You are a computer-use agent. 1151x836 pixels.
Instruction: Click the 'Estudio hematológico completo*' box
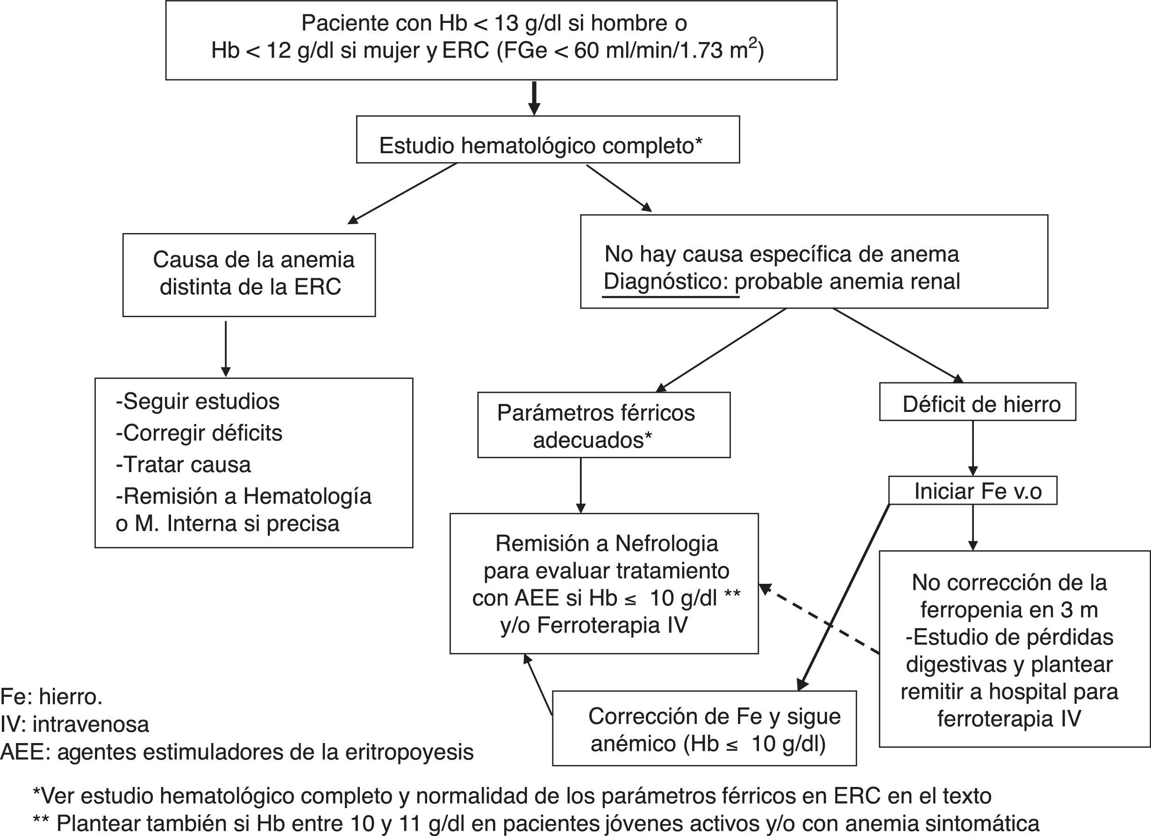[x=547, y=140]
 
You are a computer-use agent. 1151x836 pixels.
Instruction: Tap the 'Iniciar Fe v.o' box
[x=972, y=491]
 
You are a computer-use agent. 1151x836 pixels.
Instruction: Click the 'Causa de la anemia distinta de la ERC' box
[x=249, y=275]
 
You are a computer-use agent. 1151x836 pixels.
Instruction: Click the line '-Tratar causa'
[x=183, y=465]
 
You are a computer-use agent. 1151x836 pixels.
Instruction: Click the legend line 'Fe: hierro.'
[x=51, y=697]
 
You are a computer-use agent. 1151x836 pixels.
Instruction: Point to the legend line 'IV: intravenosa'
[x=75, y=724]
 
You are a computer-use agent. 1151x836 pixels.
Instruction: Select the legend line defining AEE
[x=236, y=752]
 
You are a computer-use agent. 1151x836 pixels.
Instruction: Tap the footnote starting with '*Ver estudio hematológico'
[x=512, y=796]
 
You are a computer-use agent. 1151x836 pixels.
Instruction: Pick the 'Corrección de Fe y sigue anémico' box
[x=704, y=729]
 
